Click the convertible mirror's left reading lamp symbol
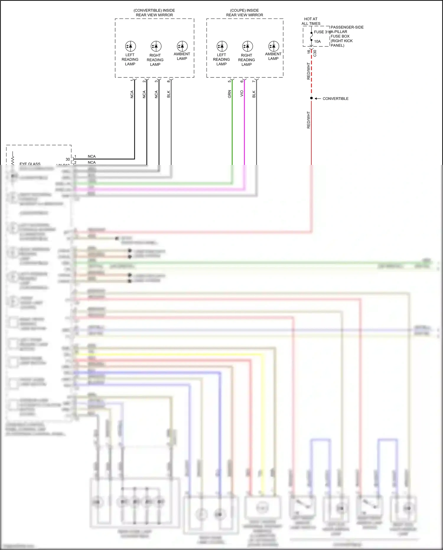pyautogui.click(x=131, y=46)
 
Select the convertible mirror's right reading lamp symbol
pyautogui.click(x=156, y=46)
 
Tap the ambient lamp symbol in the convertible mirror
pyautogui.click(x=182, y=46)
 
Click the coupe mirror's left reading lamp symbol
pyautogui.click(x=222, y=46)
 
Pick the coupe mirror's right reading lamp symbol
pyautogui.click(x=247, y=46)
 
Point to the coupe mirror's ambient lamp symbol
pyautogui.click(x=274, y=46)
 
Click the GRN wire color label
pyautogui.click(x=229, y=94)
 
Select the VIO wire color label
pyautogui.click(x=242, y=93)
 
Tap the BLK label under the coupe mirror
pyautogui.click(x=254, y=94)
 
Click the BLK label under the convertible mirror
pyautogui.click(x=169, y=94)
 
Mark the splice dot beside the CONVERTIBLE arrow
pyautogui.click(x=311, y=98)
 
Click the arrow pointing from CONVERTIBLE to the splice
pyautogui.click(x=318, y=98)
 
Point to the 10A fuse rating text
pyautogui.click(x=317, y=41)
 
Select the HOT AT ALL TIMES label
pyautogui.click(x=311, y=21)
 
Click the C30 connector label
pyautogui.click(x=315, y=53)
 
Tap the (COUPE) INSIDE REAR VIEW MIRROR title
pyautogui.click(x=245, y=12)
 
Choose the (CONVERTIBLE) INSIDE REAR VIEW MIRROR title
pyautogui.click(x=154, y=12)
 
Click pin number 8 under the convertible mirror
pyautogui.click(x=168, y=81)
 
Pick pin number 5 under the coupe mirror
pyautogui.click(x=229, y=81)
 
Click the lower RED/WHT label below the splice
pyautogui.click(x=309, y=120)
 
